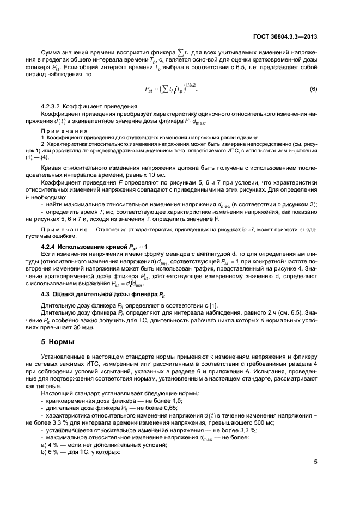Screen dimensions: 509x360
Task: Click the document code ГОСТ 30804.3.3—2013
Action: (285, 38)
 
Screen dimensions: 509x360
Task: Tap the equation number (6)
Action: (313, 89)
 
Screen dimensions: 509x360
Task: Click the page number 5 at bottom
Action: (315, 462)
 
